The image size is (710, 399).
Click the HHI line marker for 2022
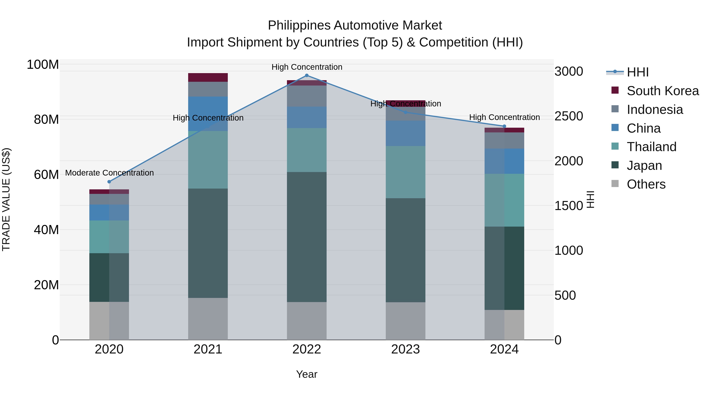click(x=306, y=75)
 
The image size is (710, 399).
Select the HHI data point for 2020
click(x=109, y=182)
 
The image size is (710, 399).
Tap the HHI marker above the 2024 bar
click(x=504, y=126)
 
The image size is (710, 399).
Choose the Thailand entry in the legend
click(x=651, y=147)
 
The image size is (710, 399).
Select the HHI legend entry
click(x=637, y=72)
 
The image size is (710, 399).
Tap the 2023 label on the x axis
click(x=405, y=349)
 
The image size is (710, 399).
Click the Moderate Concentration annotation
click(x=109, y=173)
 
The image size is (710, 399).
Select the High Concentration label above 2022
click(x=307, y=67)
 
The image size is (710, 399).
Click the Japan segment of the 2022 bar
click(x=307, y=237)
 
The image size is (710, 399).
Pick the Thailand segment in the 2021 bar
click(x=208, y=160)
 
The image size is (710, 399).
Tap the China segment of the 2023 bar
click(x=405, y=133)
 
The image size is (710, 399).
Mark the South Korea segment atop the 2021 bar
click(x=208, y=77)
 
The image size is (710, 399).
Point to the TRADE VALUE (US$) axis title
click(x=6, y=199)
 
